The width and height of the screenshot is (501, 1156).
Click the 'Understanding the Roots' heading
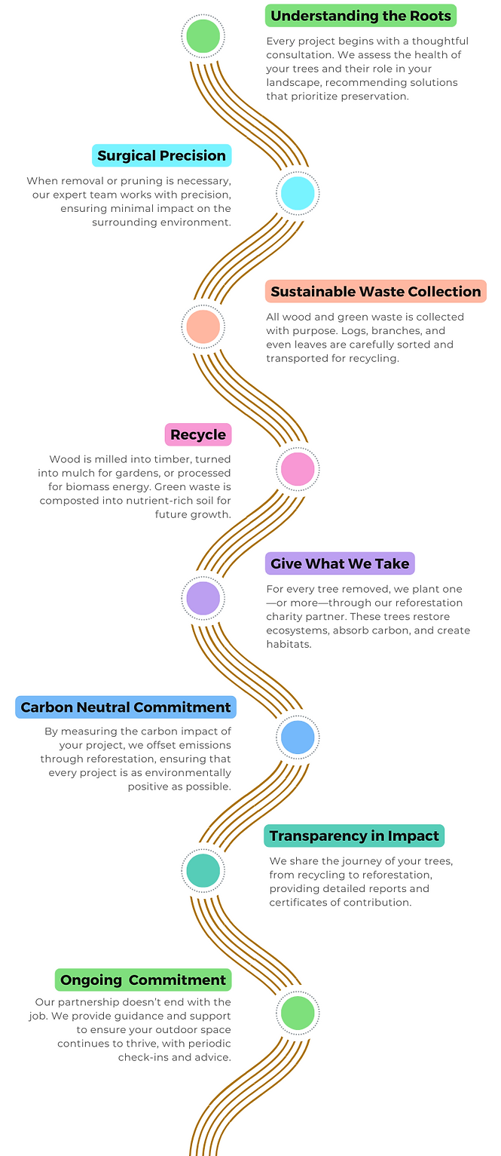(x=361, y=16)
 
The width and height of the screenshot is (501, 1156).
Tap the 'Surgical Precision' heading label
(x=161, y=156)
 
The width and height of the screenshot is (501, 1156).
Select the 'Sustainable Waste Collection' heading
(x=375, y=292)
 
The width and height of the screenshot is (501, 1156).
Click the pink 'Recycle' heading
(x=198, y=434)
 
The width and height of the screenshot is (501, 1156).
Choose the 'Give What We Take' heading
(x=340, y=563)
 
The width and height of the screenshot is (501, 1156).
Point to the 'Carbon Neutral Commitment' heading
(x=125, y=707)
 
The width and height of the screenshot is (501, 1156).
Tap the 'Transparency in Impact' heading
(x=354, y=836)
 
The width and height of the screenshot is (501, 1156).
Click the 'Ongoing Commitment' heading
(x=143, y=980)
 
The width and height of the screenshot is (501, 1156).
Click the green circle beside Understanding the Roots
(x=203, y=35)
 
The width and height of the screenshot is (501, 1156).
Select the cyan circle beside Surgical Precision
(x=298, y=193)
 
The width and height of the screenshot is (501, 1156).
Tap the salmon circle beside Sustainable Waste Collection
(x=203, y=327)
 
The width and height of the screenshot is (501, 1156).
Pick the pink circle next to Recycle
(x=298, y=469)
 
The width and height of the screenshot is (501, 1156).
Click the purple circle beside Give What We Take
(x=203, y=599)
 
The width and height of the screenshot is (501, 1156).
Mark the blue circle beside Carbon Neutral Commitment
(x=298, y=737)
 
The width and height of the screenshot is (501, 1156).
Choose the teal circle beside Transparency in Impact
(x=203, y=871)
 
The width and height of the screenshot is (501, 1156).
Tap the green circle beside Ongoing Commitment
(x=298, y=1013)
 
